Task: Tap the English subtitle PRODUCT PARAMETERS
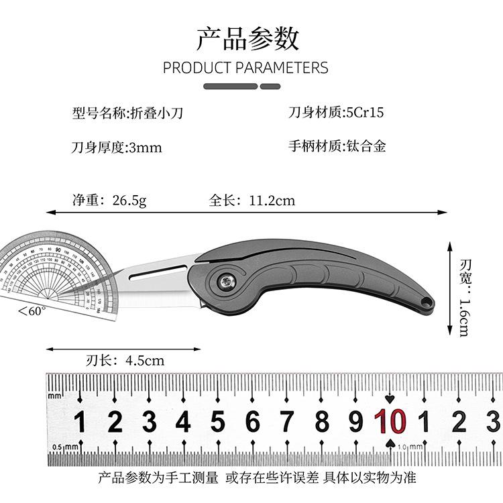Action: [245, 68]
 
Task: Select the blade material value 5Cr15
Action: [365, 113]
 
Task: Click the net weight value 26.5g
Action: [129, 200]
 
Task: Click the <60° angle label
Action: [32, 311]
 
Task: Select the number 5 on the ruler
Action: [217, 423]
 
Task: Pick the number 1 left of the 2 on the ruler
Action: [80, 423]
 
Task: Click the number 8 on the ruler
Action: [322, 423]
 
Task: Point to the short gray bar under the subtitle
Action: [270, 86]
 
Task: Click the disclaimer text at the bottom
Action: [257, 478]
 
